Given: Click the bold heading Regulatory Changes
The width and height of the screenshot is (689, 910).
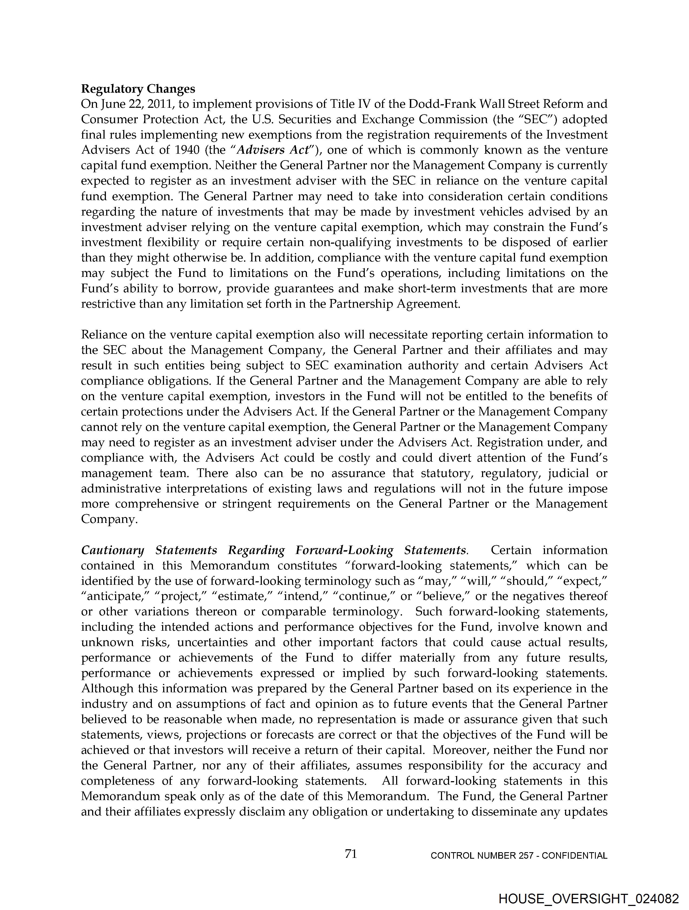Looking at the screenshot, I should [138, 89].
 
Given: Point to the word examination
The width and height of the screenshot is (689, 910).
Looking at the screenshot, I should [397, 365].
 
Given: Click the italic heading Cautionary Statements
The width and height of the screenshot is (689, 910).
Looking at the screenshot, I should [149, 550].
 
